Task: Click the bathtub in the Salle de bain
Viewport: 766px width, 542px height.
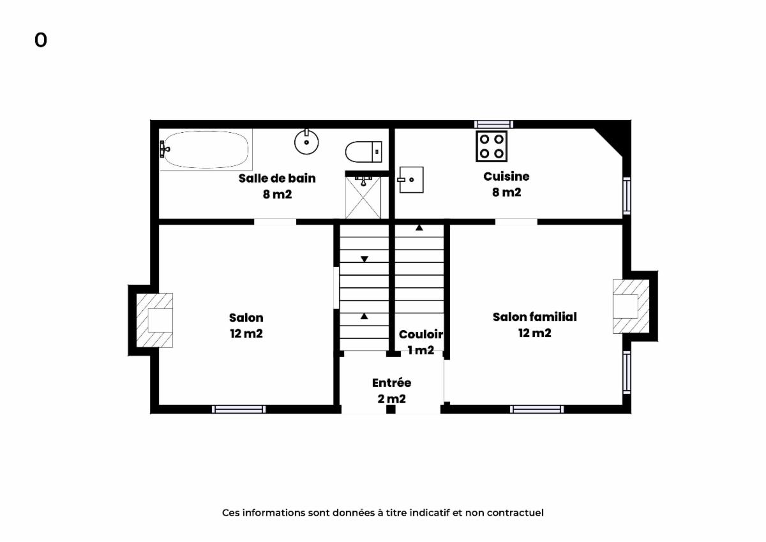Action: point(206,149)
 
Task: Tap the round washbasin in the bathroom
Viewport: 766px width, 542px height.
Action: point(306,142)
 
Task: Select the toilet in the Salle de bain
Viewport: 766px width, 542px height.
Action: point(363,151)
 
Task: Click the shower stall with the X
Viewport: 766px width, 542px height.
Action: point(363,197)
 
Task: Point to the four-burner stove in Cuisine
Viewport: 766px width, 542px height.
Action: point(492,146)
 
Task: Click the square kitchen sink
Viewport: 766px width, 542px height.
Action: point(410,179)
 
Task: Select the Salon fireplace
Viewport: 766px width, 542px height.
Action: point(154,320)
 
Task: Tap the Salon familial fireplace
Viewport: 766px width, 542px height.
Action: point(631,306)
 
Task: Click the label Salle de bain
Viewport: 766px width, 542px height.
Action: point(277,178)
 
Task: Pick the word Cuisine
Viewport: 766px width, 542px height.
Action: point(506,176)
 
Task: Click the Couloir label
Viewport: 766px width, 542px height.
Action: point(421,334)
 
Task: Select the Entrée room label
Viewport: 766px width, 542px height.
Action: point(391,382)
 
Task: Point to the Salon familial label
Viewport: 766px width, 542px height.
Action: point(534,317)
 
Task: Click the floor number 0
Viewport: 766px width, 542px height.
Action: point(41,40)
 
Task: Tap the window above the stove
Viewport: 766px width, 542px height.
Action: point(493,124)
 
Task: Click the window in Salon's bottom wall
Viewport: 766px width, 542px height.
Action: point(239,409)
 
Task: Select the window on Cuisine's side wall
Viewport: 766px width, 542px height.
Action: point(626,196)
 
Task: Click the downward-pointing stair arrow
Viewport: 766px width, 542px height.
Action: point(364,259)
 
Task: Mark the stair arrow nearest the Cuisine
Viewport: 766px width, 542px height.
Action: point(419,227)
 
